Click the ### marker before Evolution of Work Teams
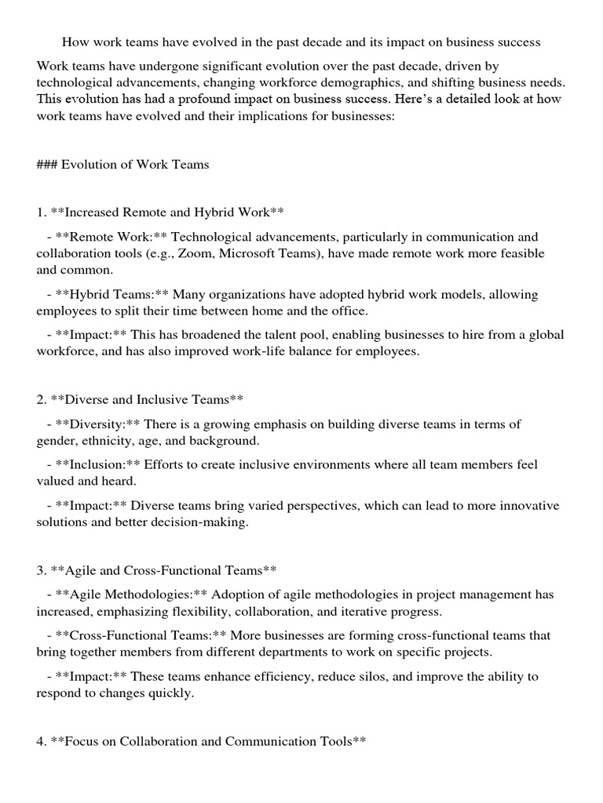click(46, 165)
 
